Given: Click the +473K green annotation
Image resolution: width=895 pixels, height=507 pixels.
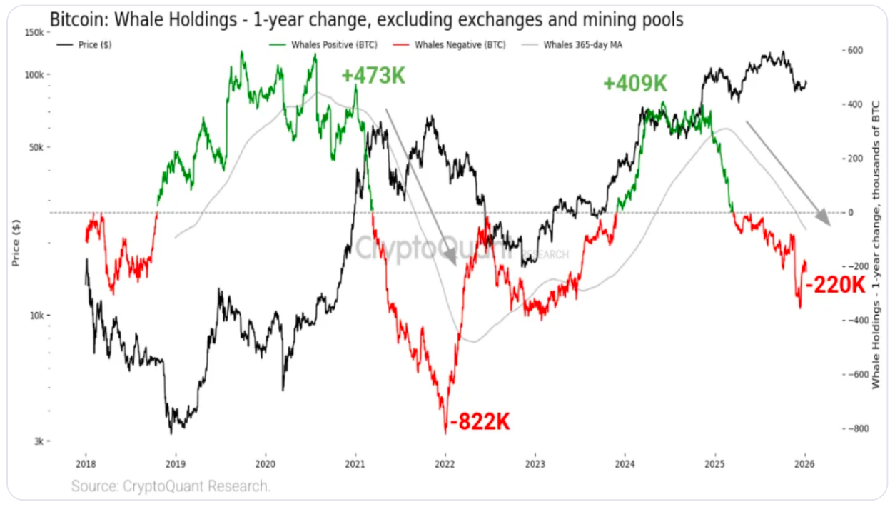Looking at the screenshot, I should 373,76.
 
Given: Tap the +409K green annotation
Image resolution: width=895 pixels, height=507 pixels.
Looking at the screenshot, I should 634,84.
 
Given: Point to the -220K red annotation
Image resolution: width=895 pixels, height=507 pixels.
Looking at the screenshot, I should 835,286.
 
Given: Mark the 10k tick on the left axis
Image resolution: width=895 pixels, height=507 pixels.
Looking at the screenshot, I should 37,316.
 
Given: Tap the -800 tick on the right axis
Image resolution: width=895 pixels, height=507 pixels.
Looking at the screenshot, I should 856,428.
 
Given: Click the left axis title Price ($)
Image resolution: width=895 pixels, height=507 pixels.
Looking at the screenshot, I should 15,243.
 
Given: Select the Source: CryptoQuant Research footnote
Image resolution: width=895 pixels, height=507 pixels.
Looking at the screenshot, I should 171,487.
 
